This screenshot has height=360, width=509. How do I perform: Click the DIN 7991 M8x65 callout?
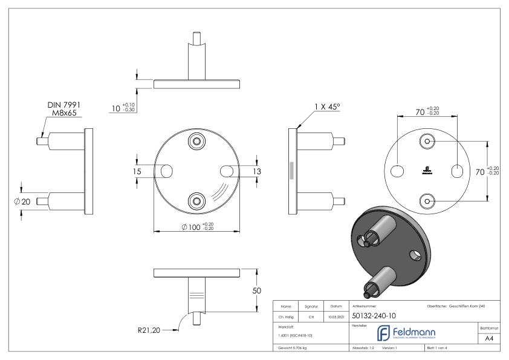(x=64, y=109)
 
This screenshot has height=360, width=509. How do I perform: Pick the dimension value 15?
(x=138, y=172)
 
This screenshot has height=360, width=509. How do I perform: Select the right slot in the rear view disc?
(x=458, y=171)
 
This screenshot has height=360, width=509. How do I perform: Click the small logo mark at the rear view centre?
(x=427, y=171)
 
